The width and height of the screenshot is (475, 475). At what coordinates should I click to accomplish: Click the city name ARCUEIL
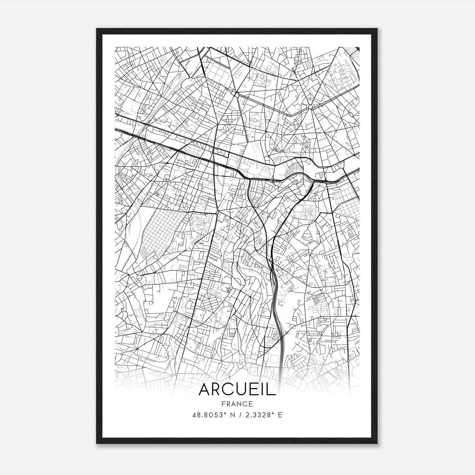[237, 390]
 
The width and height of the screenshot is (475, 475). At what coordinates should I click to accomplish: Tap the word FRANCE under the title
[237, 404]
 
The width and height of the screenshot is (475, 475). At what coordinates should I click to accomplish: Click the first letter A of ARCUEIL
[205, 390]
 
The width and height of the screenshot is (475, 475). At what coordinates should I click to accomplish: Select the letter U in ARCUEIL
[241, 390]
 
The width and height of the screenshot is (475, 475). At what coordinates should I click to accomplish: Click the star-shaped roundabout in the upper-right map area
[311, 107]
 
